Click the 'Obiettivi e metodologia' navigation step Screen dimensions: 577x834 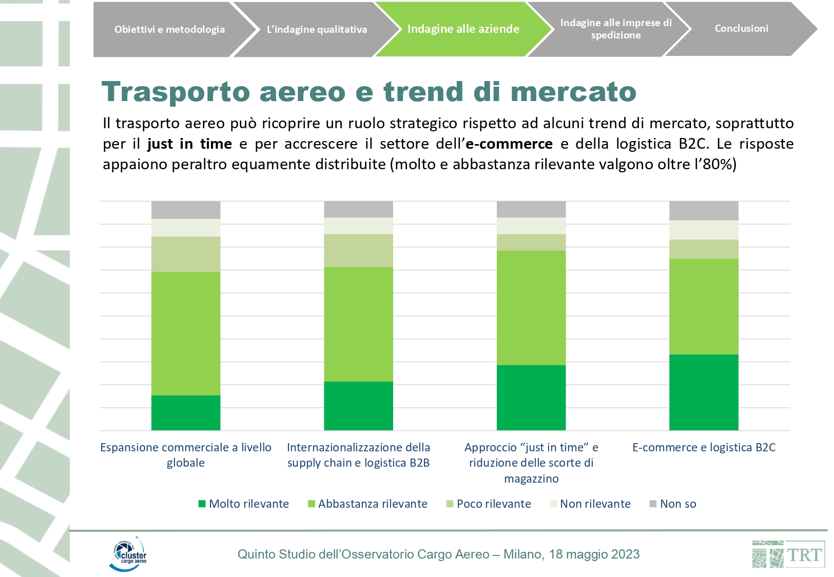pyautogui.click(x=169, y=29)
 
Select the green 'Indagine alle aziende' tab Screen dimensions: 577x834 pyautogui.click(x=463, y=29)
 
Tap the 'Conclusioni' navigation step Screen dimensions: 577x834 pyautogui.click(x=741, y=29)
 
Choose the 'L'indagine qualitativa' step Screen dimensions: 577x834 pyautogui.click(x=317, y=29)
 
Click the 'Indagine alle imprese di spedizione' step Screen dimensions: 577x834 pyautogui.click(x=615, y=29)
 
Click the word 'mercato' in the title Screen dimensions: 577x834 pyautogui.click(x=573, y=92)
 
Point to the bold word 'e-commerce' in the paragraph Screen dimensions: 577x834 pyautogui.click(x=509, y=144)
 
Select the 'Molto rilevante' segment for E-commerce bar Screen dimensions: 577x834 pyautogui.click(x=703, y=392)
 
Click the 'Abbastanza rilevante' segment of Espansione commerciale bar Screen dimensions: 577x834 pyautogui.click(x=186, y=333)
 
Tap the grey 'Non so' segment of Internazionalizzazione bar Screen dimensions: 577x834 pyautogui.click(x=358, y=209)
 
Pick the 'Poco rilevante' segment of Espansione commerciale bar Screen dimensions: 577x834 pyautogui.click(x=186, y=254)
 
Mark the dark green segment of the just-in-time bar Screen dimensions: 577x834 pyautogui.click(x=531, y=397)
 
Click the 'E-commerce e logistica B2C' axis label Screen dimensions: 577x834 pyautogui.click(x=704, y=447)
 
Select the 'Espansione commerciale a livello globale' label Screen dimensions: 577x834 pyautogui.click(x=186, y=455)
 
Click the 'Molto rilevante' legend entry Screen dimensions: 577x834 pyautogui.click(x=244, y=504)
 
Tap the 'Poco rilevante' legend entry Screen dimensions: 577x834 pyautogui.click(x=489, y=504)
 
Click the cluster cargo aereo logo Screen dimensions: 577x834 pyautogui.click(x=128, y=554)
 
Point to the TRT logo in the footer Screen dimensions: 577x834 pyautogui.click(x=788, y=554)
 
